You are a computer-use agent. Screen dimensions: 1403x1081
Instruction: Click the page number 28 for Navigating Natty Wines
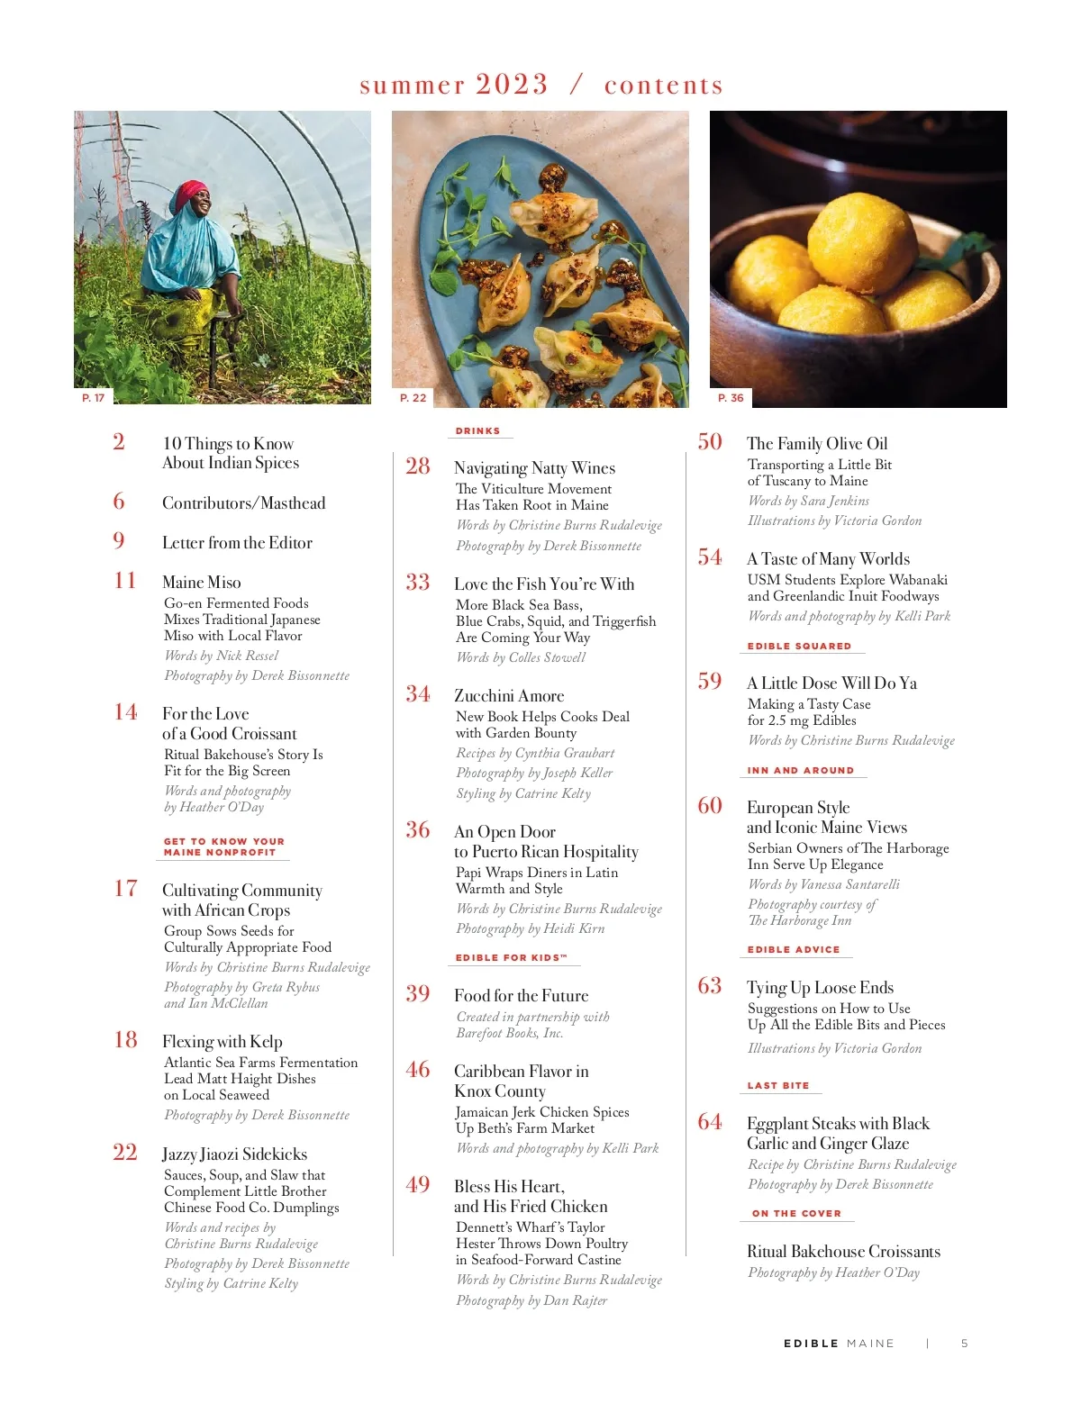[417, 466]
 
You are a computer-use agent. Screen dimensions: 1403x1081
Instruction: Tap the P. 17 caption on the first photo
[93, 397]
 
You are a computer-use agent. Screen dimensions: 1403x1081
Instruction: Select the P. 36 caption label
[731, 397]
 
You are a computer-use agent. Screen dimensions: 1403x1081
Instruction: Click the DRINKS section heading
[477, 431]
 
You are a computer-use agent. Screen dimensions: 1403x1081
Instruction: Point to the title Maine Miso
[202, 582]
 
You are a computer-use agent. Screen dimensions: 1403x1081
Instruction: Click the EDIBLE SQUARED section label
[799, 646]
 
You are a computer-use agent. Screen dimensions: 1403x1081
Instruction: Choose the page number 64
[710, 1122]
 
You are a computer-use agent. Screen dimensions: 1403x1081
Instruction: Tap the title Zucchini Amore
[509, 695]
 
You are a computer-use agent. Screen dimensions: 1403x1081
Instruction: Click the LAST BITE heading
[778, 1085]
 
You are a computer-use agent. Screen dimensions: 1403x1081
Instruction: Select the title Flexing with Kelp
[223, 1041]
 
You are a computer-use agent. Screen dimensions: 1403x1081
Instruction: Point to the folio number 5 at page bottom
[965, 1343]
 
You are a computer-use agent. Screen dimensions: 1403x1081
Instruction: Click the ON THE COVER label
[796, 1213]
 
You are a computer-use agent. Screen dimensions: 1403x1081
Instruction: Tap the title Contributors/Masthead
[243, 502]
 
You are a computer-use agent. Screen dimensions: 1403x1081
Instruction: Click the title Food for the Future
[521, 995]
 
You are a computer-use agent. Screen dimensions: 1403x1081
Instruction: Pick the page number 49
[417, 1185]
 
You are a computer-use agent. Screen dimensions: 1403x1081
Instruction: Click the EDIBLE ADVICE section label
[794, 949]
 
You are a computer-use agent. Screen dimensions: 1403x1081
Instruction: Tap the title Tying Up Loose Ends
[820, 987]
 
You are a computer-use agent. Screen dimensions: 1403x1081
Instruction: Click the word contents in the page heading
[664, 85]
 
